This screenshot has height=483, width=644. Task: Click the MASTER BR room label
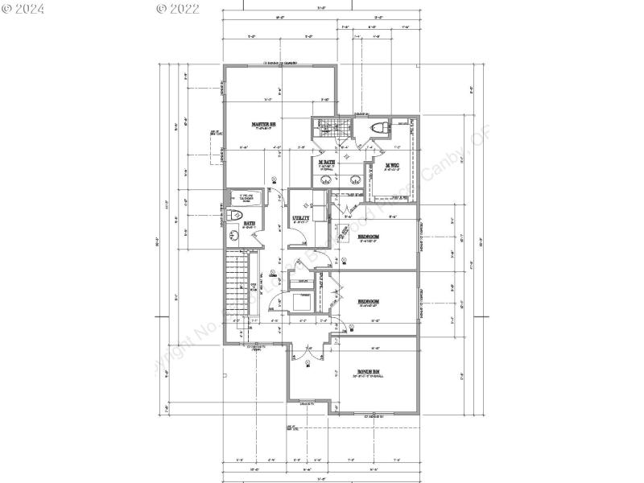click(x=263, y=125)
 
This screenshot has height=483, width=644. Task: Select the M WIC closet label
click(x=392, y=167)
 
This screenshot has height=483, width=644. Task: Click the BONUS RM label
click(x=369, y=373)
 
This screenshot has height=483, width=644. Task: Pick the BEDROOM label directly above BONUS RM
click(x=368, y=303)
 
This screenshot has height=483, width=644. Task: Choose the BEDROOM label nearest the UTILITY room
click(x=369, y=237)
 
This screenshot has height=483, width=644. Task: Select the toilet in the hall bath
click(x=234, y=214)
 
